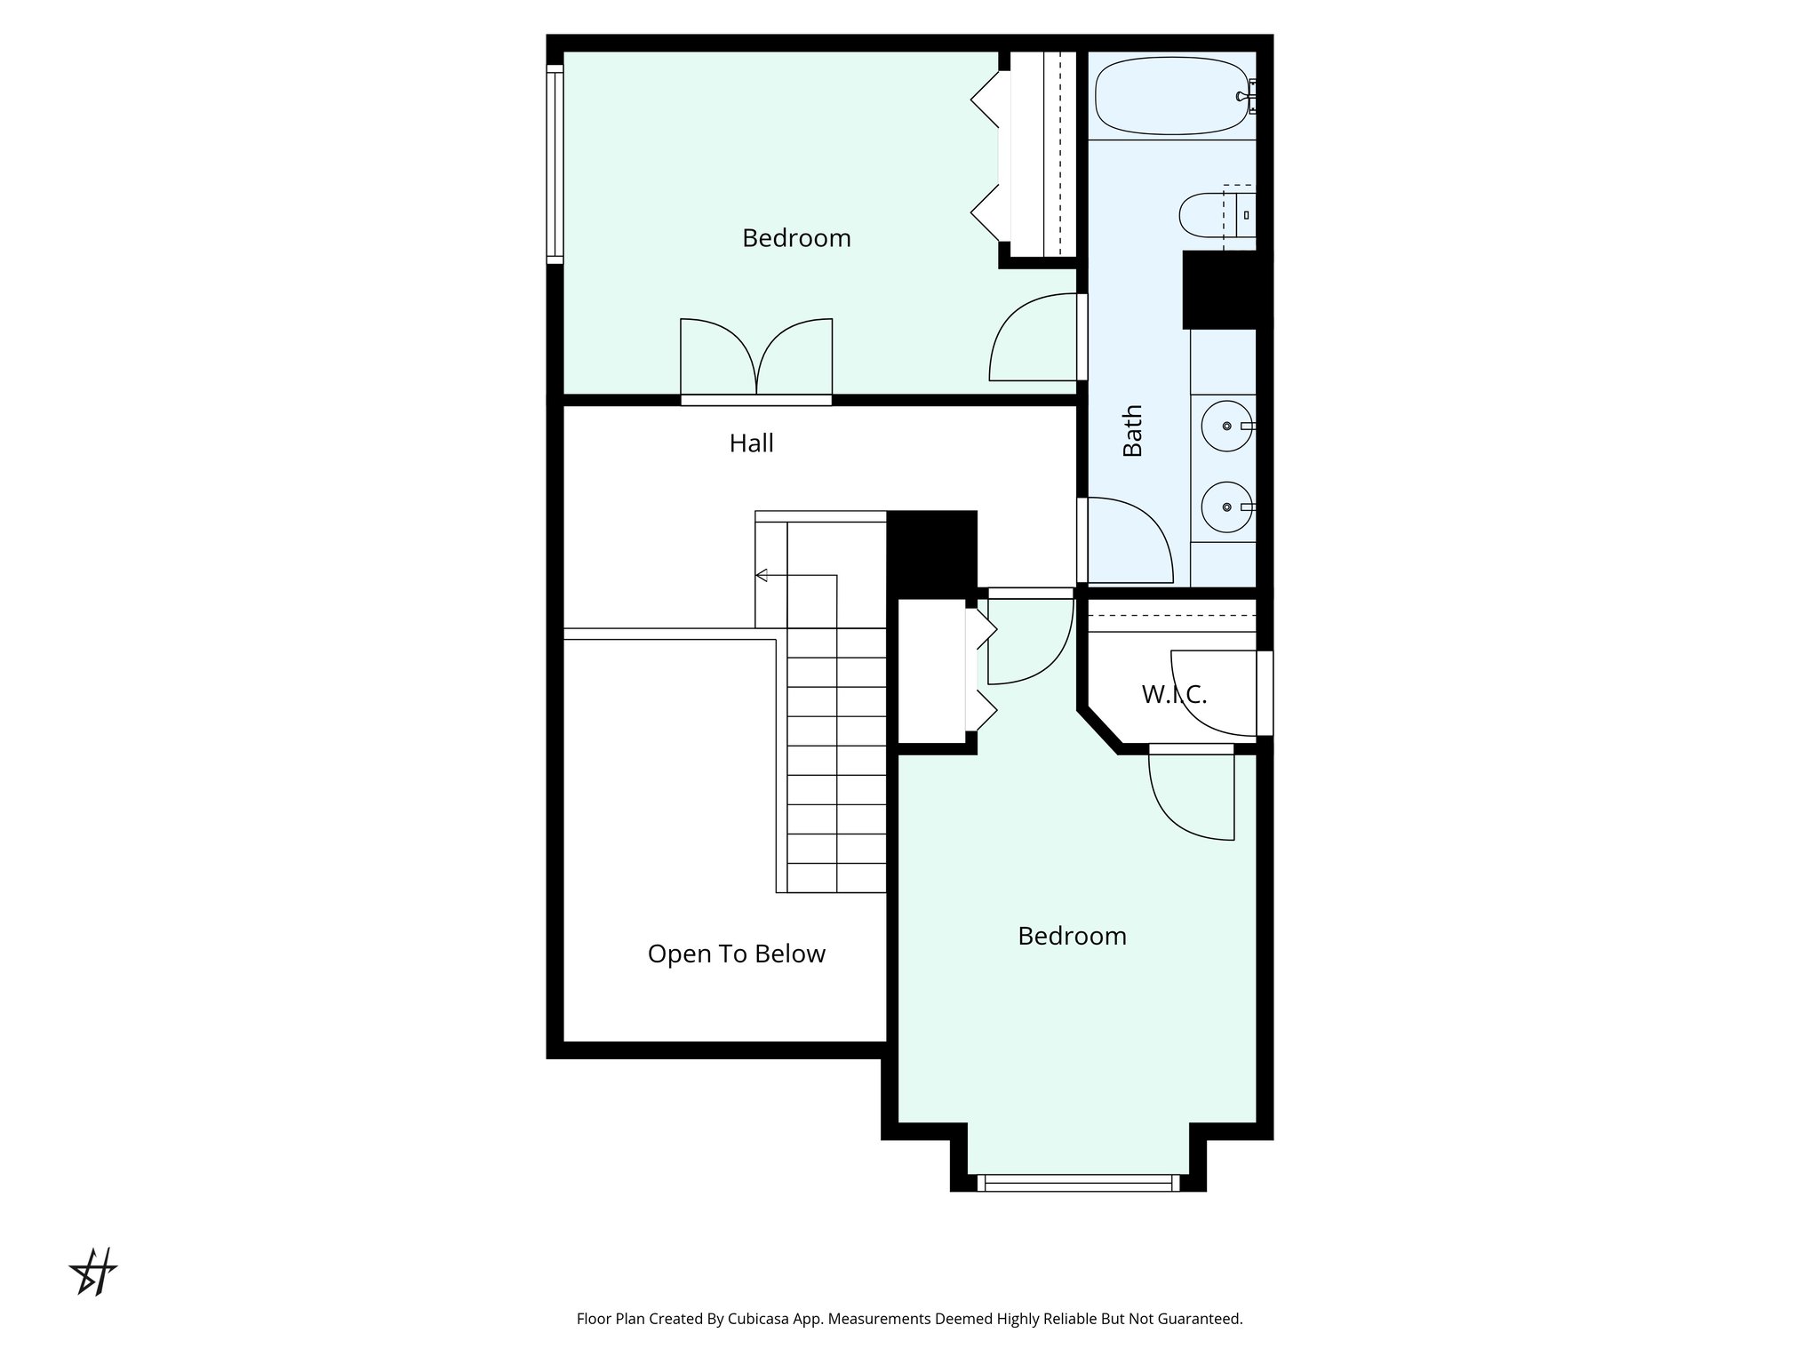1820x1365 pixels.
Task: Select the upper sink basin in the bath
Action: point(1226,427)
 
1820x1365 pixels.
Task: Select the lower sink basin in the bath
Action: point(1226,507)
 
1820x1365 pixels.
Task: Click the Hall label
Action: point(751,443)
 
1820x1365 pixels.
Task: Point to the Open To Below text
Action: point(736,954)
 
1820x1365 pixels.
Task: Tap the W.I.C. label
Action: point(1174,694)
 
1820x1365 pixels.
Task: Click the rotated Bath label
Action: point(1132,431)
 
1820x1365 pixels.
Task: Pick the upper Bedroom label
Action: point(796,238)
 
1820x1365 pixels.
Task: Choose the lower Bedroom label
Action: point(1072,936)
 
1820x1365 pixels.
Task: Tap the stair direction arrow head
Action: point(762,575)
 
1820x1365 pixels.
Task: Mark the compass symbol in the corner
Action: point(94,1272)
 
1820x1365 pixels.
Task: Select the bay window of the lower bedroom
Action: point(1078,1183)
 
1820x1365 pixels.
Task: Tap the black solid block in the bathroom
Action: point(1223,290)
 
